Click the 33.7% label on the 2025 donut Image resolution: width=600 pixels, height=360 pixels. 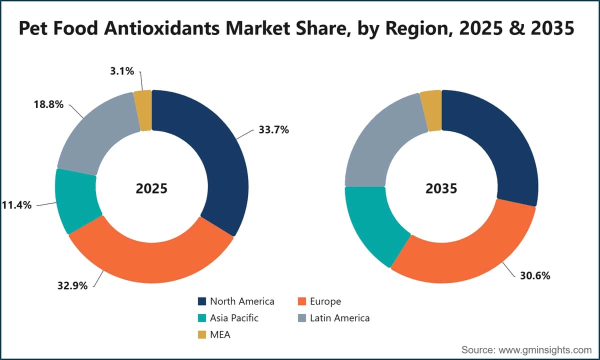pyautogui.click(x=274, y=130)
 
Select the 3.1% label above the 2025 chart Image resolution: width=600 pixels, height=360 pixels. pyautogui.click(x=122, y=71)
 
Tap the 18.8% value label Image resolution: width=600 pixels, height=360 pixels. pyautogui.click(x=48, y=104)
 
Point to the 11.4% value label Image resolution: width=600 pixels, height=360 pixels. pyautogui.click(x=16, y=205)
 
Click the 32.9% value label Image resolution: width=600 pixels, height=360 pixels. pyautogui.click(x=72, y=286)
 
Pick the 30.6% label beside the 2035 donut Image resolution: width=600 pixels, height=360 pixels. pyautogui.click(x=535, y=275)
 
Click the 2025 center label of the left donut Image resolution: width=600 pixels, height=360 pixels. pyautogui.click(x=151, y=188)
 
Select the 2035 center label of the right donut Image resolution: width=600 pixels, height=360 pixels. pyautogui.click(x=441, y=188)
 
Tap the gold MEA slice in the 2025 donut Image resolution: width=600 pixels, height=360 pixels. pyautogui.click(x=143, y=110)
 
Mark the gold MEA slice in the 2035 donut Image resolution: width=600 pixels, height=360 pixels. pyautogui.click(x=431, y=110)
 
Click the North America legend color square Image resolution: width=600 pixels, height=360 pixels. pyautogui.click(x=202, y=301)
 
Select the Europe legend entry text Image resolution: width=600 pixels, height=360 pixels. pyautogui.click(x=325, y=301)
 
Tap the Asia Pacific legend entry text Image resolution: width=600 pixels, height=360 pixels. pyautogui.click(x=234, y=318)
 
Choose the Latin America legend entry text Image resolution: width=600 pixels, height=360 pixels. pyautogui.click(x=339, y=318)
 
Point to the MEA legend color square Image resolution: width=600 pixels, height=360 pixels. pyautogui.click(x=202, y=335)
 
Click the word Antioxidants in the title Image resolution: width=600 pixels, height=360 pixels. pyautogui.click(x=162, y=28)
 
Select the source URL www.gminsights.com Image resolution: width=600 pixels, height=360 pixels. pyautogui.click(x=545, y=350)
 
